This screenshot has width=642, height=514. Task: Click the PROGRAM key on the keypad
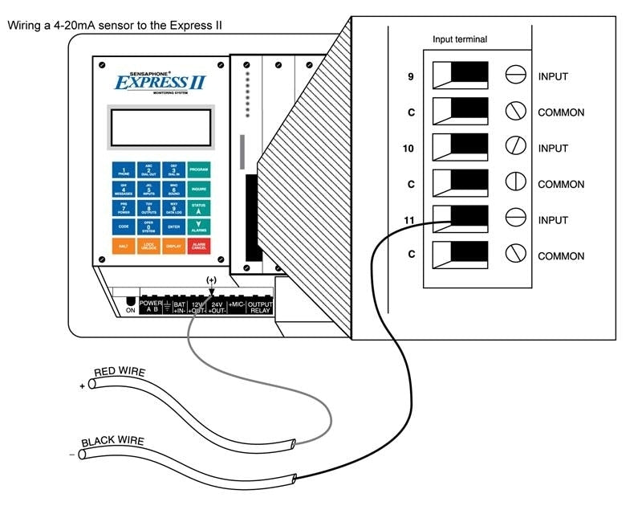point(198,170)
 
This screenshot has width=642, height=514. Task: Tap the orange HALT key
point(124,247)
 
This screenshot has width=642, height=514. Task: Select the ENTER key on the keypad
point(173,227)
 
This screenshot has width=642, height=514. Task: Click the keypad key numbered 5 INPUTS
point(148,190)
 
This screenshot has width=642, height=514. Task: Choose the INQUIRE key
point(198,190)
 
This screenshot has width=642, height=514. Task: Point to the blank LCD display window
point(160,128)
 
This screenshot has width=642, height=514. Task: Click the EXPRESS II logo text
point(160,82)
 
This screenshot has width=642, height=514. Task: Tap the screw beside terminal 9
point(515,76)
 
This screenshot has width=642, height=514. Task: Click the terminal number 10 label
point(411,149)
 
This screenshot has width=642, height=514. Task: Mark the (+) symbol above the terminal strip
point(211,279)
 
